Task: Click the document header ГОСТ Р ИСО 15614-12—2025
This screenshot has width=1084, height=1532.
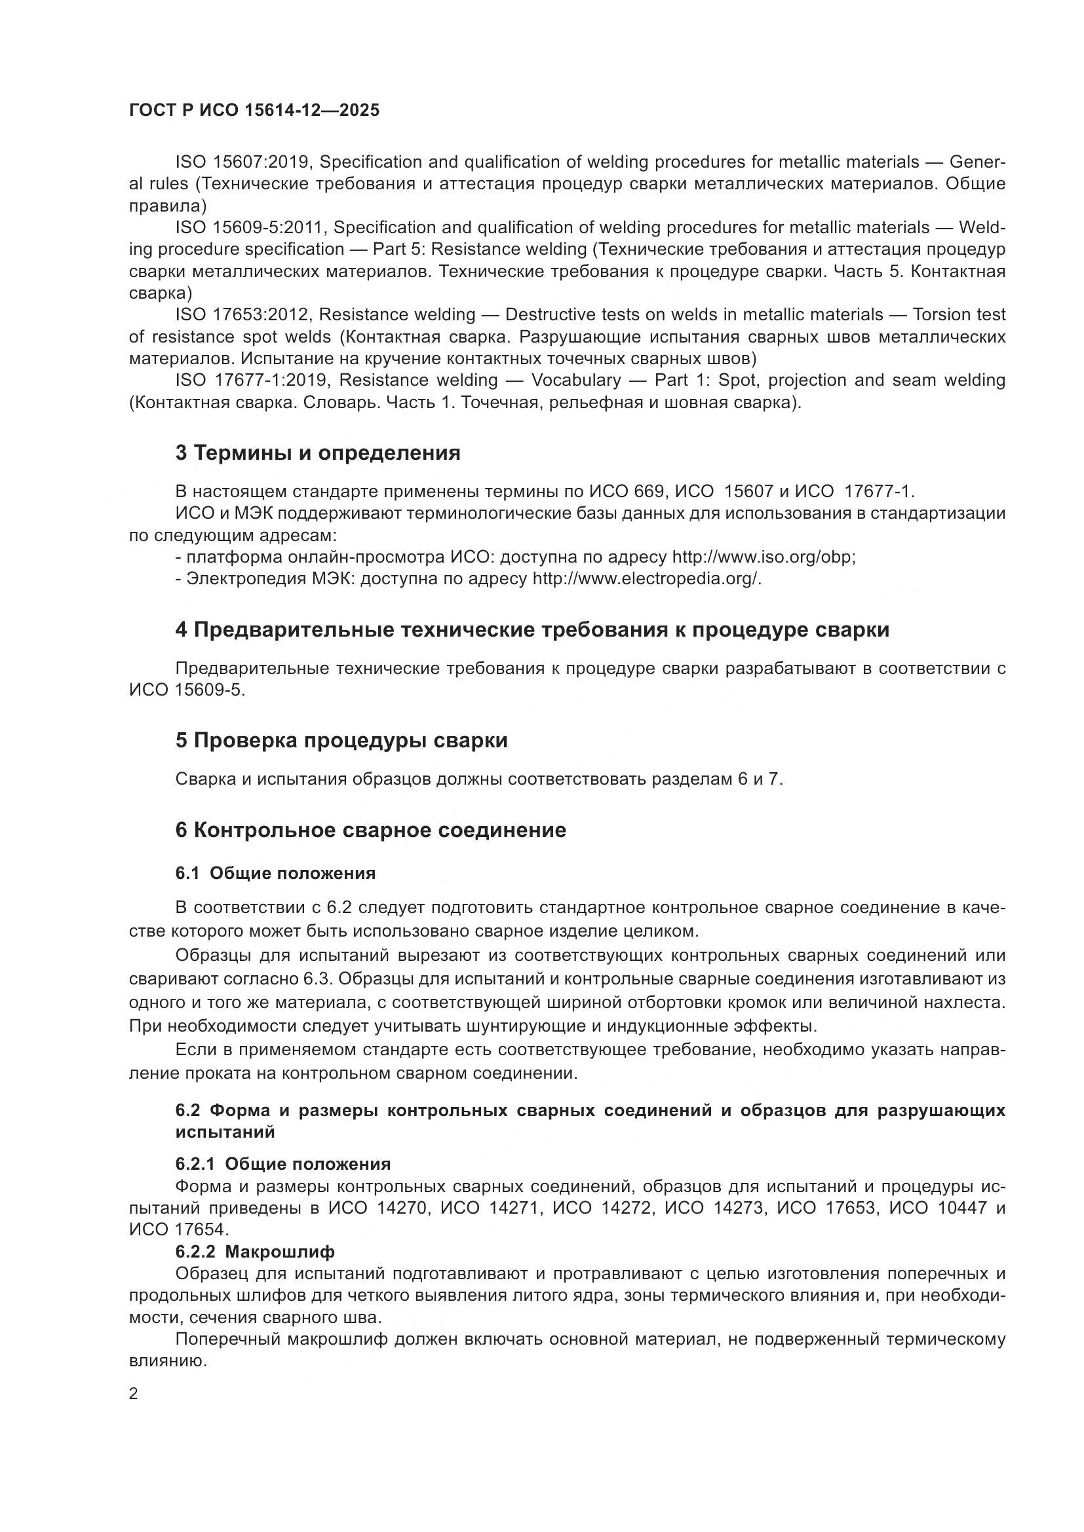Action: pyautogui.click(x=254, y=110)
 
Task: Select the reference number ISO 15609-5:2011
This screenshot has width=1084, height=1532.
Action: pyautogui.click(x=250, y=227)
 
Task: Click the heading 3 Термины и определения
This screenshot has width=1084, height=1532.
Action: pyautogui.click(x=318, y=453)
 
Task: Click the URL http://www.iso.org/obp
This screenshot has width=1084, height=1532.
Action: pyautogui.click(x=762, y=557)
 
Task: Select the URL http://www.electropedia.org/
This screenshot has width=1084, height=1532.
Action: pyautogui.click(x=646, y=578)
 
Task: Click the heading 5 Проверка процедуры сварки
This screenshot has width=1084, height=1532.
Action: pyautogui.click(x=341, y=741)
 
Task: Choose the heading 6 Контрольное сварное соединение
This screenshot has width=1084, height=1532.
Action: pyautogui.click(x=370, y=830)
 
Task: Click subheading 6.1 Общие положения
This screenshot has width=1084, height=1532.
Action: pyautogui.click(x=275, y=874)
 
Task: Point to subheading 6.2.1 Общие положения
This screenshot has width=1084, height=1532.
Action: pyautogui.click(x=282, y=1165)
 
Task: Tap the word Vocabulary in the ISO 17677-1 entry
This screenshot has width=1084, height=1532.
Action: pyautogui.click(x=576, y=380)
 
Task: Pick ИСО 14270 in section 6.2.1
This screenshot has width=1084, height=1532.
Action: pyautogui.click(x=377, y=1208)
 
